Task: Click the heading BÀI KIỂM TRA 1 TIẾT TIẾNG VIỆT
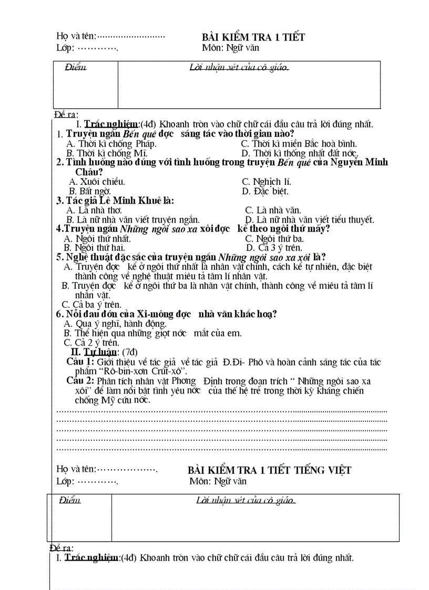pos(269,470)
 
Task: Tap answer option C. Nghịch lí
pos(266,182)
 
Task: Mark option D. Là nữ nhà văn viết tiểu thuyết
pos(310,220)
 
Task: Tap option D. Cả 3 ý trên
pos(273,247)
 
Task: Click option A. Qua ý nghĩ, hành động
pos(115,324)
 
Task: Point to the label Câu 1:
pos(80,362)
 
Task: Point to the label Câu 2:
pos(80,381)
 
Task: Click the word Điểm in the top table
pos(75,68)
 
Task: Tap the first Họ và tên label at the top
pos(76,36)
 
